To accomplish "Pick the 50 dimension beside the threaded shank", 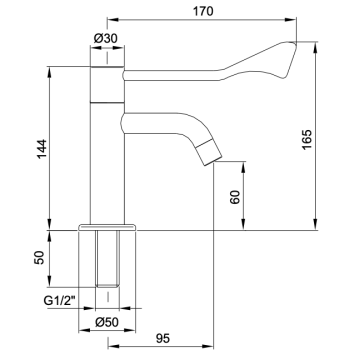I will click(x=38, y=258).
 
